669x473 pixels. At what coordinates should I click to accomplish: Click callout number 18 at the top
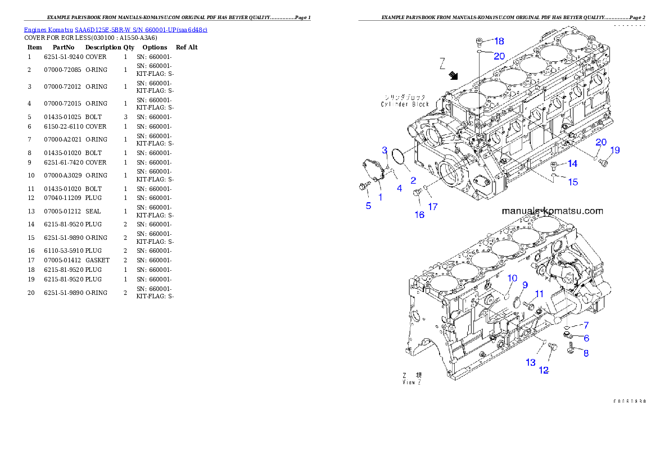[499, 41]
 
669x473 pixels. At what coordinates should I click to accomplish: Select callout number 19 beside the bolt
[615, 150]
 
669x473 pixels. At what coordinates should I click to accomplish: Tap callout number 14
[572, 163]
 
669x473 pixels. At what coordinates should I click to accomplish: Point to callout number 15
[573, 182]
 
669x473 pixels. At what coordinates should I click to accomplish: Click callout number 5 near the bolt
[368, 206]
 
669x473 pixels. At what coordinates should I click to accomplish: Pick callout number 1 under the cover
[380, 197]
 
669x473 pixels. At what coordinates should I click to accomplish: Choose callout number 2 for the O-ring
[413, 180]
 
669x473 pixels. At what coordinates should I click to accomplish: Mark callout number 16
[419, 215]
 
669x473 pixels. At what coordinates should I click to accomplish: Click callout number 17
[433, 207]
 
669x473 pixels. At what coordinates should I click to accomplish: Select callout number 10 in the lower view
[512, 278]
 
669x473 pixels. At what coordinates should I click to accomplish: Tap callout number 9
[525, 285]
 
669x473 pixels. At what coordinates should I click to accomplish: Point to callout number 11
[539, 293]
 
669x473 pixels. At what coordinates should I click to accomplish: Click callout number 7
[586, 325]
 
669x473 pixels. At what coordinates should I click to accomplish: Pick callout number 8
[586, 353]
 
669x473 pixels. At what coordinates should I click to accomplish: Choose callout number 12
[544, 370]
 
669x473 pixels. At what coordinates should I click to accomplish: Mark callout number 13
[531, 363]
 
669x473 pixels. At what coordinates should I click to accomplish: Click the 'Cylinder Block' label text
[404, 104]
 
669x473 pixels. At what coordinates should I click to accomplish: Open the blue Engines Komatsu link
[115, 29]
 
